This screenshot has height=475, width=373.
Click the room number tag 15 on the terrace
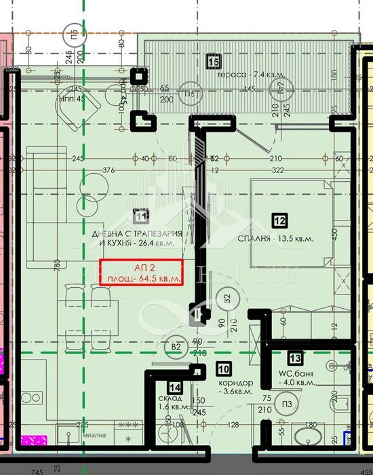tap(213, 62)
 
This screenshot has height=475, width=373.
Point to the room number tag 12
tap(279, 220)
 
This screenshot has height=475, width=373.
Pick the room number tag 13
tap(295, 358)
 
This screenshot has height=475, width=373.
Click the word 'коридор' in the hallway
tap(235, 382)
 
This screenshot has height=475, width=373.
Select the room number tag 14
tap(175, 387)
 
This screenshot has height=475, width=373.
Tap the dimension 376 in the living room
tap(108, 170)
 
